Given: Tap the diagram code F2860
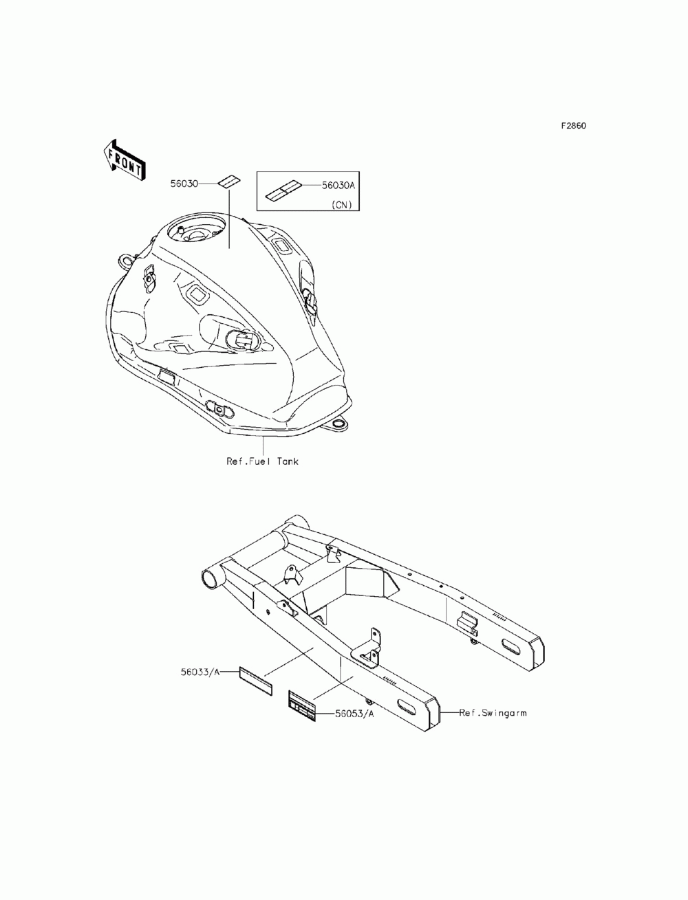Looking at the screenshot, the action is pos(573,126).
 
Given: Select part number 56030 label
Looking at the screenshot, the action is pos(184,184).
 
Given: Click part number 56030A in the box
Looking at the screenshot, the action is pos(338,185).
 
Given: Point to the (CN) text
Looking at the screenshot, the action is pos(341,204).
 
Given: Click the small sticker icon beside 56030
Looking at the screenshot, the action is pos(228,182).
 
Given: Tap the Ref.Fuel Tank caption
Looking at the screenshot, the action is pos(263,461).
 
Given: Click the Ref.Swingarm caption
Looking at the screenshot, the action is pos(493,713).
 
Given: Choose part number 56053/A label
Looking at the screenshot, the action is pos(354,714).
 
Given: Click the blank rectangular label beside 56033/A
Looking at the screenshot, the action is pos(255,677).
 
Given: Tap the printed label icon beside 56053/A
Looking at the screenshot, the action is pos(301,706).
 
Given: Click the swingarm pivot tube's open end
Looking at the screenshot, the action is pos(211,578).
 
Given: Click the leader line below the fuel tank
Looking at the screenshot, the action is pos(263,446).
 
